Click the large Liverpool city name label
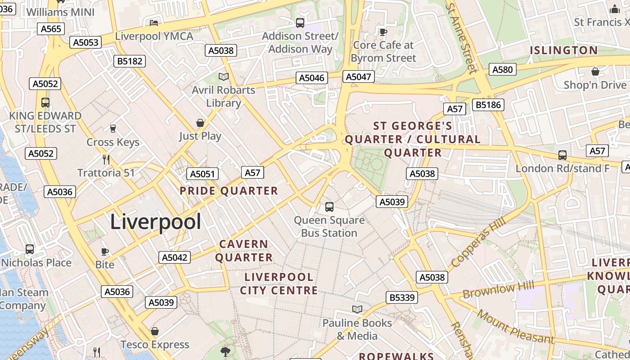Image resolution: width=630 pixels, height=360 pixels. click(155, 222)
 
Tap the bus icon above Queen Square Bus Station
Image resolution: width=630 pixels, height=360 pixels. click(329, 207)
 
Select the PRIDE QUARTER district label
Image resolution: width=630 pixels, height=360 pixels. click(229, 191)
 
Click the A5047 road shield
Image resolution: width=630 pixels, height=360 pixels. click(358, 76)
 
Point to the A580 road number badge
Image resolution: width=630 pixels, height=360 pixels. click(502, 69)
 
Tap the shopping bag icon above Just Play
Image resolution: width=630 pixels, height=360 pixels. click(200, 123)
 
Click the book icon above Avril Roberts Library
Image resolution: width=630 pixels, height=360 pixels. click(224, 76)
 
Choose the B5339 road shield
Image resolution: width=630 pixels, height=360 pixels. click(402, 297)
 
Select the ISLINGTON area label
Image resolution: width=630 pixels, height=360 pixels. click(563, 50)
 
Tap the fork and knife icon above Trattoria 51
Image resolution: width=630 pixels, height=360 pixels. click(106, 159)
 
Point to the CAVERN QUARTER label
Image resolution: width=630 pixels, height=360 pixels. click(244, 251)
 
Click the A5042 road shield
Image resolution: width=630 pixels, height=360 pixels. click(174, 257)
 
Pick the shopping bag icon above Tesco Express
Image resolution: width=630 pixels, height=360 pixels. click(155, 332)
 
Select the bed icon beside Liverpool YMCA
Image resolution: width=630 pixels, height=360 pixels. click(154, 23)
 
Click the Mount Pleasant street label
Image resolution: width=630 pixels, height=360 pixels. click(516, 326)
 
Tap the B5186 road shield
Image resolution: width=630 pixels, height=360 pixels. click(489, 105)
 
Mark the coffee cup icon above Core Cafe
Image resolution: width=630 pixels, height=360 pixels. click(383, 32)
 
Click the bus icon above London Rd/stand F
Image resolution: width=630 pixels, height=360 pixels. click(562, 155)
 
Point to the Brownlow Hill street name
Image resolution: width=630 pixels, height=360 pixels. click(498, 289)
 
